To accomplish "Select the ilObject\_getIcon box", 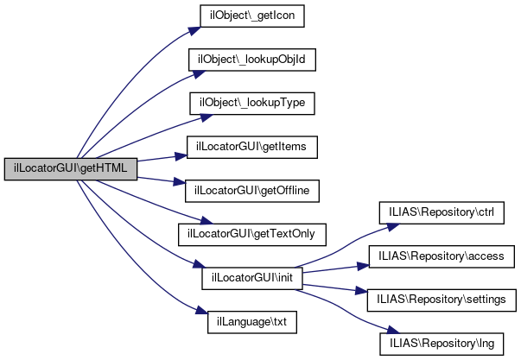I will [246, 16].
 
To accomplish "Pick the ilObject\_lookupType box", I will [252, 104].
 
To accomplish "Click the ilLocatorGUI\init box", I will [246, 279].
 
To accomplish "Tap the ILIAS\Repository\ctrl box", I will [441, 212].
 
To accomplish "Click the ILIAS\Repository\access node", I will [442, 256].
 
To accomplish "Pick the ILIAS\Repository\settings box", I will [442, 300].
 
